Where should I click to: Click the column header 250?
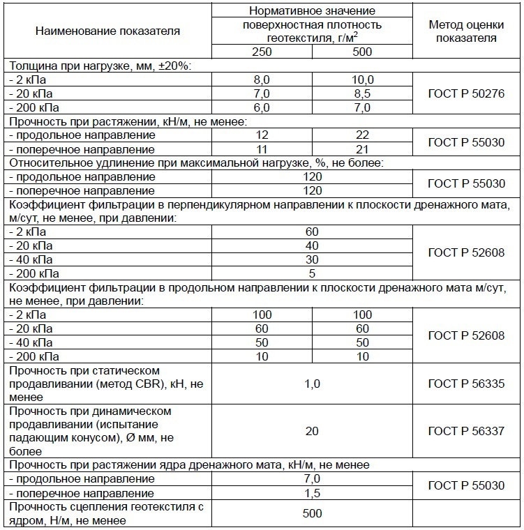(262, 52)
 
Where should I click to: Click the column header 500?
(362, 52)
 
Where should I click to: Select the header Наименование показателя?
(107, 31)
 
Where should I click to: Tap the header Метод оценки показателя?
(466, 31)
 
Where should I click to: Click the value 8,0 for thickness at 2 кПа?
(262, 79)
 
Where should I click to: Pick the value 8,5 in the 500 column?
(362, 93)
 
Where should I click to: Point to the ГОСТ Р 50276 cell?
(466, 93)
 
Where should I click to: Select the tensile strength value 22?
(362, 135)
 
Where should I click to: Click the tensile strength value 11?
(262, 149)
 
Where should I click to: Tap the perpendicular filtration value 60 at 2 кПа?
(312, 232)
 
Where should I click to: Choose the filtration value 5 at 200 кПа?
(312, 273)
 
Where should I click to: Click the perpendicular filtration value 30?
(312, 259)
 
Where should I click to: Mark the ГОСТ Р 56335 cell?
(466, 384)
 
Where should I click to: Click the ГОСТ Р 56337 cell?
(466, 431)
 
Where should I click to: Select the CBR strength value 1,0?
(312, 384)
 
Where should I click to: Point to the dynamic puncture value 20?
(312, 431)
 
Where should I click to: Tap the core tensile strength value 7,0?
(312, 479)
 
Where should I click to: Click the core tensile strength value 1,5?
(312, 493)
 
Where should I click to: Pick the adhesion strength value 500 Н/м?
(312, 514)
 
